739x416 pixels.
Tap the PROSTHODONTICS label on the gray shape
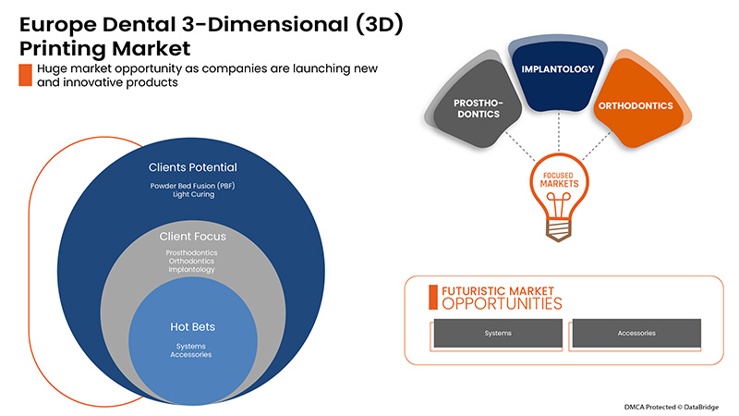coord(477,106)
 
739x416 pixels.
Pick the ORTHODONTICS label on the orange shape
coord(635,106)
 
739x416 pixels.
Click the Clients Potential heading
coord(192,168)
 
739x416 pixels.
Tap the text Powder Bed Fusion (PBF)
coord(192,186)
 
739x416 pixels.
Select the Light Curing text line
coord(192,196)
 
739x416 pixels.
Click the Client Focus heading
coord(192,237)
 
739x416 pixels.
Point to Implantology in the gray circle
coord(192,270)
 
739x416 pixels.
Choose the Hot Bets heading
coord(192,326)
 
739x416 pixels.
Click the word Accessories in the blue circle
coord(192,355)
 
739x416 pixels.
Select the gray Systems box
coord(499,333)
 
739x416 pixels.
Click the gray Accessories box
coord(636,333)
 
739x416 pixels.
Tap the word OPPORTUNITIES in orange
coord(502,303)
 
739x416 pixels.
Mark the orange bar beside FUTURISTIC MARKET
coord(433,297)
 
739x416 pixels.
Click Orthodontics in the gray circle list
coord(192,261)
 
